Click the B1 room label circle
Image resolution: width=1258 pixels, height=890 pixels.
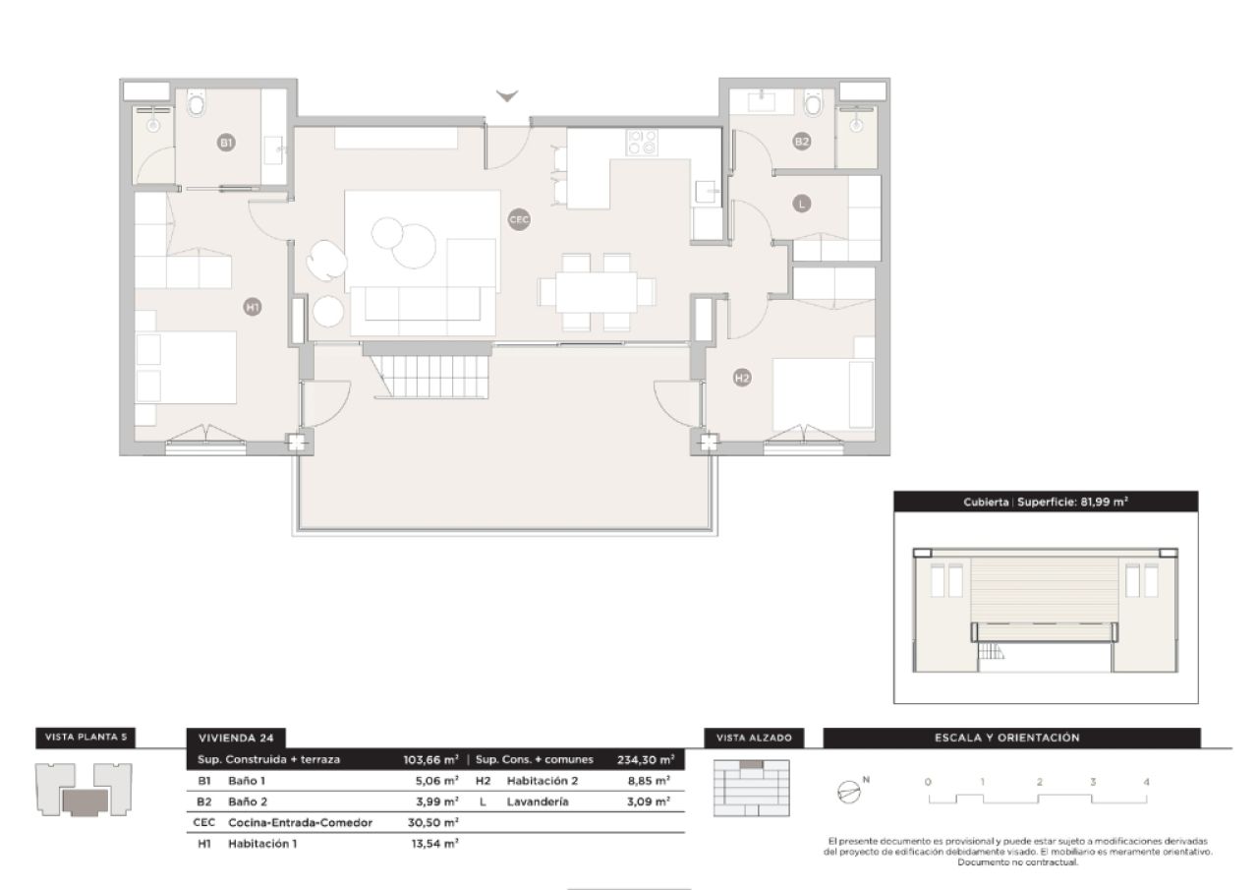pos(226,144)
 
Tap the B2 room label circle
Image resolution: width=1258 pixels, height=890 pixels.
pos(802,142)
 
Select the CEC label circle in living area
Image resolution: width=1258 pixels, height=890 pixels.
pos(519,220)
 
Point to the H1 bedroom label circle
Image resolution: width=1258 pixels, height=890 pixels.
pos(253,308)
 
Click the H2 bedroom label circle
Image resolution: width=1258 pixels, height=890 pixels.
pos(742,378)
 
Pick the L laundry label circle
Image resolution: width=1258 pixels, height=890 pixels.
pos(802,205)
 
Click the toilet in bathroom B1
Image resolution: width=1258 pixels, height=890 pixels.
pos(196,102)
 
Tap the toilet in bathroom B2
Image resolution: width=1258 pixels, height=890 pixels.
pos(813,102)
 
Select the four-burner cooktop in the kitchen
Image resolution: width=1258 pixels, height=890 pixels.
pos(643,143)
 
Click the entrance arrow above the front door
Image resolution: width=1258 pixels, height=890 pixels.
pos(507,96)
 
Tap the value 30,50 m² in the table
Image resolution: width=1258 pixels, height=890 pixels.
pos(432,822)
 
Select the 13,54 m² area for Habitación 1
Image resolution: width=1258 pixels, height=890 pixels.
pos(432,843)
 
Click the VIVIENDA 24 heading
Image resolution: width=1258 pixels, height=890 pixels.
pos(235,738)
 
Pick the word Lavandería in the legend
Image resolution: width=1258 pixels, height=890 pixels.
pos(538,801)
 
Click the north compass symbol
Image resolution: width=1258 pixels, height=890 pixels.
pos(848,792)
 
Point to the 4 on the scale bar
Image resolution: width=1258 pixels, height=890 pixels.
pos(1146,782)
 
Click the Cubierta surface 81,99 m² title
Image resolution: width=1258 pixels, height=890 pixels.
pos(1045,502)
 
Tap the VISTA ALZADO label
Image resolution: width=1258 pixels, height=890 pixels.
pos(754,738)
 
